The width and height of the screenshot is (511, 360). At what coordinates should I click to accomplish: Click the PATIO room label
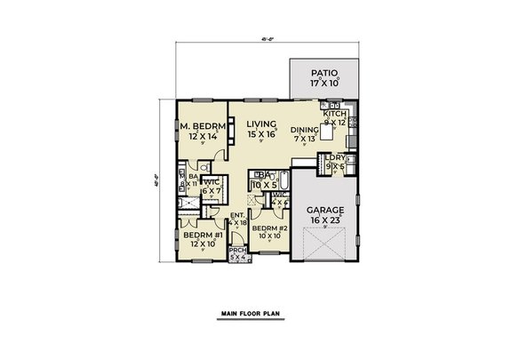point(322,74)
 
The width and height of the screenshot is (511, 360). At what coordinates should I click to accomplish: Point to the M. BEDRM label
point(200,127)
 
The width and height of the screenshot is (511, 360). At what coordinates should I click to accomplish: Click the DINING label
point(304,129)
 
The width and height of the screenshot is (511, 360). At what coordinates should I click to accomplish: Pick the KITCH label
point(334,114)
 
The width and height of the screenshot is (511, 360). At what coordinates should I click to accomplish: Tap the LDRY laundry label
point(334,158)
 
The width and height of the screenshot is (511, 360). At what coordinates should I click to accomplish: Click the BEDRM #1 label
point(201,235)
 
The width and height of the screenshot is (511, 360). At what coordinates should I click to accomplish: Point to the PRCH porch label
point(237,251)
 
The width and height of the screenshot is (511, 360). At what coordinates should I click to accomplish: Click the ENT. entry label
point(237,215)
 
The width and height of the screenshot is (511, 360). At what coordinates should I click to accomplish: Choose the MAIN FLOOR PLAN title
point(255,315)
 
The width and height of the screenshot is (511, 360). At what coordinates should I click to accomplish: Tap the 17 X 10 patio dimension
point(322,84)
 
